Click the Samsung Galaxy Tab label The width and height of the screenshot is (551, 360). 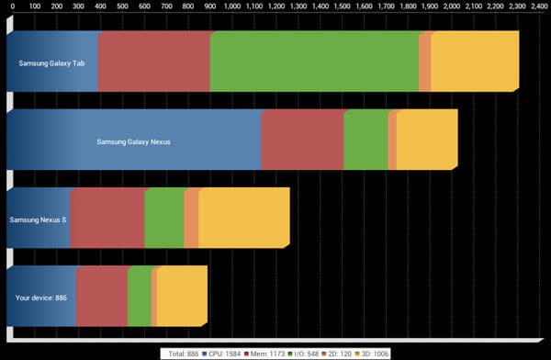[51, 63]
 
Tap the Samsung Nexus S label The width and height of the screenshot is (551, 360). [38, 219]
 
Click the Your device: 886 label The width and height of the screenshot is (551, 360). [41, 298]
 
